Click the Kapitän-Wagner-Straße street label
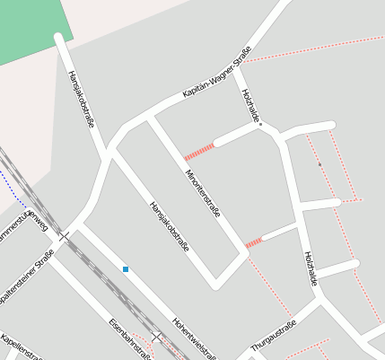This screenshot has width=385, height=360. (x=215, y=79)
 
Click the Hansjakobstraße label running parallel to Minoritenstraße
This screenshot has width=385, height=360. (x=169, y=225)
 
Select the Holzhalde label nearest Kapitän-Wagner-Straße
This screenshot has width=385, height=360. (x=250, y=107)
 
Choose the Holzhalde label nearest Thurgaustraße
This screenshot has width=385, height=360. (x=310, y=268)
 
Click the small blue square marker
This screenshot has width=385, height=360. (x=126, y=268)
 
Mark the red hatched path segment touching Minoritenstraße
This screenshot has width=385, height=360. (x=198, y=150)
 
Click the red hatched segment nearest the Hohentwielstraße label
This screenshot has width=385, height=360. (x=254, y=242)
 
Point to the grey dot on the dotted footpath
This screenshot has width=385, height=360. (x=319, y=164)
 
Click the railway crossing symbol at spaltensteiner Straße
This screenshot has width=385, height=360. (x=64, y=236)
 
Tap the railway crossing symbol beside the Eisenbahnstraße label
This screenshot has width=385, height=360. (x=156, y=338)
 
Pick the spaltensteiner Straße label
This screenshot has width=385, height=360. (x=27, y=278)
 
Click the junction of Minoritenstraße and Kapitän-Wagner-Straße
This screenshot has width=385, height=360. (x=149, y=117)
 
